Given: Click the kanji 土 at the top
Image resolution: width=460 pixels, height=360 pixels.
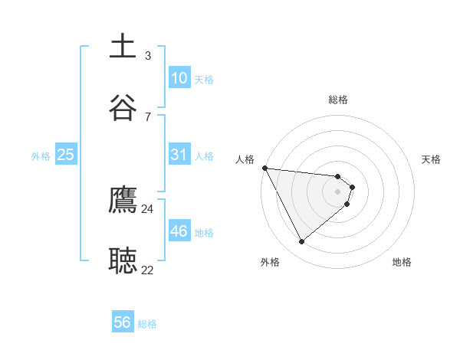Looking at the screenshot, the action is [x=123, y=47].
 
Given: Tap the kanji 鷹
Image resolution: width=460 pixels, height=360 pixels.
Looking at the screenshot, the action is [x=123, y=200].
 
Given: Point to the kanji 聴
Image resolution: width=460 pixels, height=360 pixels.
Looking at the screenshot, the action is [x=123, y=261].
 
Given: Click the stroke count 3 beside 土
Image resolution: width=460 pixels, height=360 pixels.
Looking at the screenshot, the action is [x=148, y=56].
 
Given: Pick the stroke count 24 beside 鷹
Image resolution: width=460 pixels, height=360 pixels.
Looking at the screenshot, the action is [x=148, y=208].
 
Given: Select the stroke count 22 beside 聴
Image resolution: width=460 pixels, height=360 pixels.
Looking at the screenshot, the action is [x=148, y=270].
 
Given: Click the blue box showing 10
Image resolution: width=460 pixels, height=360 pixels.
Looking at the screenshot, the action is [x=179, y=78].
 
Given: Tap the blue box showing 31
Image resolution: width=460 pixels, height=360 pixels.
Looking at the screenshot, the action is [x=179, y=155].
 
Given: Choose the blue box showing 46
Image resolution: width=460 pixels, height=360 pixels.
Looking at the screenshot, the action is [x=179, y=231].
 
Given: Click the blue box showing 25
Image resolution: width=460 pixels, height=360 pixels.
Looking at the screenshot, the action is [x=66, y=155].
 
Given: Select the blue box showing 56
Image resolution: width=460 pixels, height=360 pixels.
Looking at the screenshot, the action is [x=123, y=322].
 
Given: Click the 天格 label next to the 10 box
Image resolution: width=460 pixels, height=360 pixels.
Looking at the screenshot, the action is [x=204, y=80].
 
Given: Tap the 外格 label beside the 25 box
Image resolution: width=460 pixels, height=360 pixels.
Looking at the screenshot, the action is [x=41, y=156].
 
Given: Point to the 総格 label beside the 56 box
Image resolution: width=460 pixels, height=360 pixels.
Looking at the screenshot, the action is [x=147, y=324].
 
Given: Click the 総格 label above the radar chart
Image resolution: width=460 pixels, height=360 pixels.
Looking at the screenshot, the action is [x=338, y=100].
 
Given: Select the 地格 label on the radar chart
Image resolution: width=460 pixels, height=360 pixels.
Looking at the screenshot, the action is [x=402, y=262].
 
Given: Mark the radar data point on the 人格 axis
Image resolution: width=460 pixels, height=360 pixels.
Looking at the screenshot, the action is [x=264, y=168].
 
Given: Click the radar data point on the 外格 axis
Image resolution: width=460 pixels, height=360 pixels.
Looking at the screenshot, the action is [x=302, y=242].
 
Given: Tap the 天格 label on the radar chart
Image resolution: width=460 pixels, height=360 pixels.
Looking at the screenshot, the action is [x=432, y=159].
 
